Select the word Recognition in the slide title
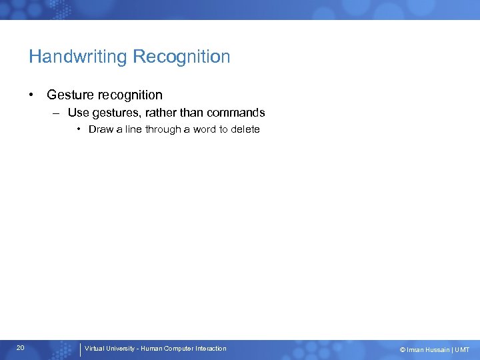coord(181,57)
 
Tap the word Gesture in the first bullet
coord(70,95)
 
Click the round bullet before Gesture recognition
coord(32,95)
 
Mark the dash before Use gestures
coord(58,113)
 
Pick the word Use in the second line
coord(78,113)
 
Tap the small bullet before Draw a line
coord(79,129)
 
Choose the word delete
coord(245,129)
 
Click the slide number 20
coord(21,348)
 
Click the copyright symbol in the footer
coord(402,349)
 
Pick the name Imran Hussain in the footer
coord(428,349)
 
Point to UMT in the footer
coord(462,349)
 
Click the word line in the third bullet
coord(128,129)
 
